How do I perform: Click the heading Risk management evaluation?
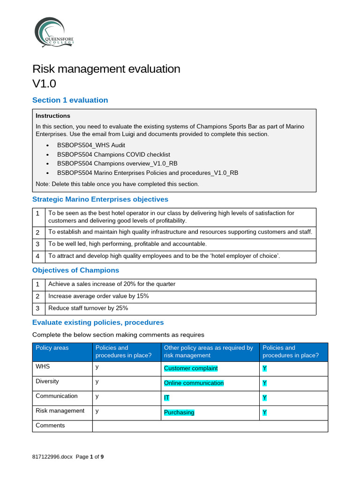[106, 69]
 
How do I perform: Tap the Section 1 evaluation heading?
[70, 100]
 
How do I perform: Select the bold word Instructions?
[53, 116]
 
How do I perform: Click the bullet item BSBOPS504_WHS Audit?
[91, 145]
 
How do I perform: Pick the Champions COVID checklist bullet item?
[113, 154]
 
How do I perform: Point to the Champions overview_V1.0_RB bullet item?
[117, 164]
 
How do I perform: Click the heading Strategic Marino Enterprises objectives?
[100, 199]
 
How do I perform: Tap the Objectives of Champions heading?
[75, 270]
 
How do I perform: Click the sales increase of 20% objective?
[112, 284]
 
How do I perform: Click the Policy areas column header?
[52, 348]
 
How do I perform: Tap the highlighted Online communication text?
[194, 383]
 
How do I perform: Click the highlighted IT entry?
[166, 398]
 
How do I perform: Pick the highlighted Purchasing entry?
[179, 412]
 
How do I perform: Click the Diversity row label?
[47, 381]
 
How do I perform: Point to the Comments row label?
[50, 425]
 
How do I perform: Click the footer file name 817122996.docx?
[52, 456]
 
